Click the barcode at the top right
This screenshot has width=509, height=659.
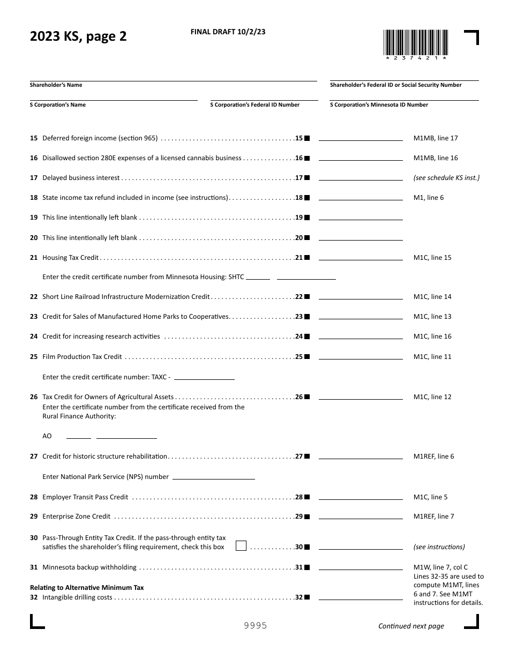tap(415, 43)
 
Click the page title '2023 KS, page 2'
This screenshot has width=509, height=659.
tap(78, 37)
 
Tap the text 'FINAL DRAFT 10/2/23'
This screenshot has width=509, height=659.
tap(228, 32)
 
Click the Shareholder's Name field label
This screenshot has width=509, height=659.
tap(56, 85)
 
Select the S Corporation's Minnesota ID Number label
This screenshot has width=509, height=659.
tap(379, 105)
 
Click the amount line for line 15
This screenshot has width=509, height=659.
tap(361, 138)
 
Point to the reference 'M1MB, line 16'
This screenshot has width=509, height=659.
tap(436, 158)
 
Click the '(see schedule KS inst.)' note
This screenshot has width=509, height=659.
tap(446, 178)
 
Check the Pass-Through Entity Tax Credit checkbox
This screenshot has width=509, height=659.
tap(241, 546)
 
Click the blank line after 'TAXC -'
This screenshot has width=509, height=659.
tap(204, 377)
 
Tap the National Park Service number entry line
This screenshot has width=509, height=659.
tap(213, 477)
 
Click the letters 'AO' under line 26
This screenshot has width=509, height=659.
tap(47, 436)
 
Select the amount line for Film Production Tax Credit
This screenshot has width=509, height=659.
tap(361, 357)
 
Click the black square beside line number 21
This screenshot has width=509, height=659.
tap(307, 258)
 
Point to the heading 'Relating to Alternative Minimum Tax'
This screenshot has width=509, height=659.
tap(87, 588)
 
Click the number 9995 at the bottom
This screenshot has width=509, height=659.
tap(255, 626)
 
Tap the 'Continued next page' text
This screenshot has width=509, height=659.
tap(411, 626)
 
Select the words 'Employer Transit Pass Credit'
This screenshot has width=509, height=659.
tap(85, 497)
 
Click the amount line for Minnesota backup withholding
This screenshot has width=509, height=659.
tap(361, 567)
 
